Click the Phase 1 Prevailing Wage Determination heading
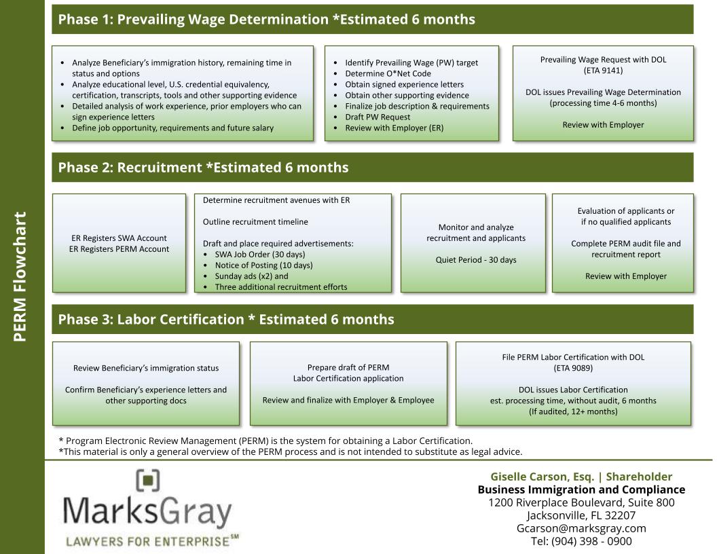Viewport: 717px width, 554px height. click(266, 20)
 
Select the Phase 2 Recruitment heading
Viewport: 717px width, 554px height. click(203, 168)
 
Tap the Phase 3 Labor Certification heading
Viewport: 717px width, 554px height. click(225, 319)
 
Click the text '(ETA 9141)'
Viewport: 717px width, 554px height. click(603, 70)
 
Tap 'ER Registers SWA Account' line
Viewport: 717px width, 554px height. click(119, 238)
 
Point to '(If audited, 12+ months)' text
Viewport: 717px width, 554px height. click(573, 411)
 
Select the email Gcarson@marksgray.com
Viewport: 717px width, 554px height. click(581, 528)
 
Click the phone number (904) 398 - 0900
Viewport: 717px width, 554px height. click(581, 541)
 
